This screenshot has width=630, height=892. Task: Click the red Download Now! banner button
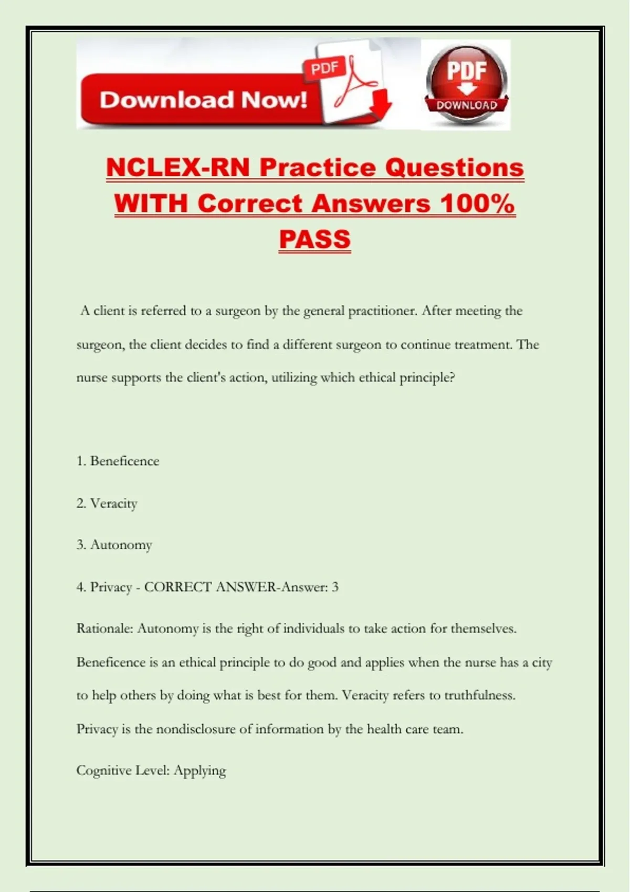[x=202, y=100]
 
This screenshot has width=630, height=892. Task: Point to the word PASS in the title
[x=314, y=239]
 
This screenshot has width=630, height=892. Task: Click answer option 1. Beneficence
[x=118, y=461]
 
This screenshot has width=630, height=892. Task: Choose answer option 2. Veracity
[x=107, y=503]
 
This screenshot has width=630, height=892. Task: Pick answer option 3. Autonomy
[x=114, y=545]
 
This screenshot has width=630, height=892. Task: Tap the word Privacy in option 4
[x=111, y=587]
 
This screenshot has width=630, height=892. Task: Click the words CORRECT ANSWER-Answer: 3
[x=241, y=587]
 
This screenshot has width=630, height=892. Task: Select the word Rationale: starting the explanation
[x=104, y=629]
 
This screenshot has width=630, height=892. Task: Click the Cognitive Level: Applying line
[x=151, y=770]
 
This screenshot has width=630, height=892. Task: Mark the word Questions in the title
[x=454, y=168]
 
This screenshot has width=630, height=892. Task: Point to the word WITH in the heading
[x=151, y=204]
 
